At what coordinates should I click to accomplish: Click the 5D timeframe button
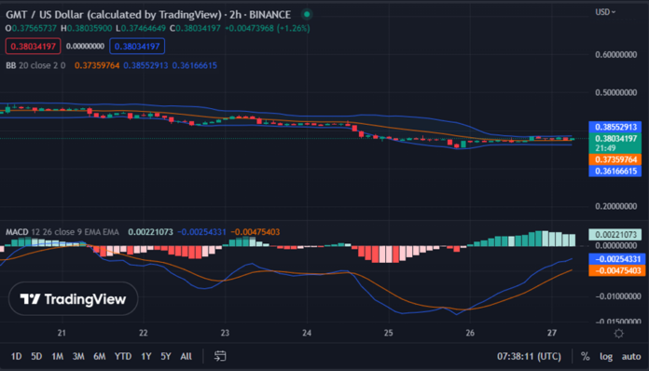(x=36, y=356)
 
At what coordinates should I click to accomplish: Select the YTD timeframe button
(x=122, y=356)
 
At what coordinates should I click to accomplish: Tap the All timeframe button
(x=186, y=356)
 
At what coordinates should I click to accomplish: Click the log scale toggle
(x=606, y=356)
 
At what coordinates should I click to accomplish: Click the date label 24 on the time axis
(x=307, y=333)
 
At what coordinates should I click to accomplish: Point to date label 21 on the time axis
(x=62, y=333)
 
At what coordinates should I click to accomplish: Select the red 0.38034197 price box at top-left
(x=31, y=45)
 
